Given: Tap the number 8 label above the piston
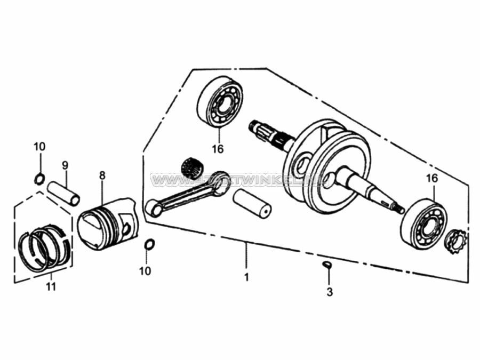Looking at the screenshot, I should [102, 175].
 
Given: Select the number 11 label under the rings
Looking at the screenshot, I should [51, 287].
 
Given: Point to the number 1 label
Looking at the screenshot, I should [246, 278].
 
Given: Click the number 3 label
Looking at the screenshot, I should [330, 292].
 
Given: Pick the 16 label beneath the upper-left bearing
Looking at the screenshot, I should [218, 149].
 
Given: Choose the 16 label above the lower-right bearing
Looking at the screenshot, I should [432, 178].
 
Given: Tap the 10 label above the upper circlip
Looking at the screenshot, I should [40, 147].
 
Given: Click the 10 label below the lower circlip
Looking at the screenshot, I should [145, 271].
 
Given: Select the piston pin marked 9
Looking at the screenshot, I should [64, 193].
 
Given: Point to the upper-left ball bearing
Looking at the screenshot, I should [220, 102].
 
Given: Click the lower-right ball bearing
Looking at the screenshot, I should [423, 222].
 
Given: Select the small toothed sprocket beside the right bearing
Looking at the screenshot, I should [455, 240].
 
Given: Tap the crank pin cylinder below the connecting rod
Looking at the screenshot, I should [252, 203].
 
